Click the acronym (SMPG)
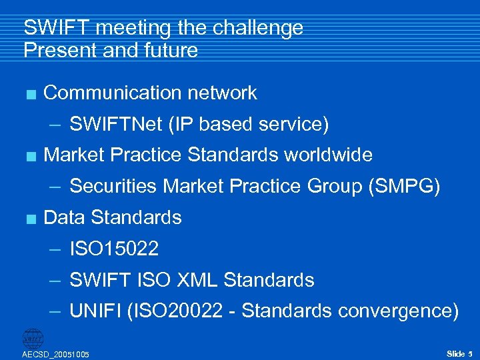click(404, 187)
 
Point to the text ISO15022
click(114, 249)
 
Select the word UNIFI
click(95, 311)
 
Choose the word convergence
click(397, 311)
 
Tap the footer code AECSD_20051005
click(56, 354)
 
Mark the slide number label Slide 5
click(459, 353)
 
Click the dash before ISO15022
click(57, 250)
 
